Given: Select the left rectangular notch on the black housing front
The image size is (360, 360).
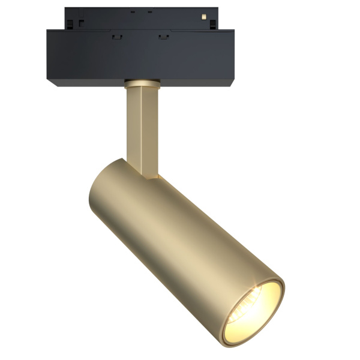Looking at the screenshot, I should pos(115,37).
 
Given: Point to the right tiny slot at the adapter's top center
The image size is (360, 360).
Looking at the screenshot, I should pos(149,10).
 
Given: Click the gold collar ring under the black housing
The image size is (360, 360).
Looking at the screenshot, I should pos(142,82).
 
